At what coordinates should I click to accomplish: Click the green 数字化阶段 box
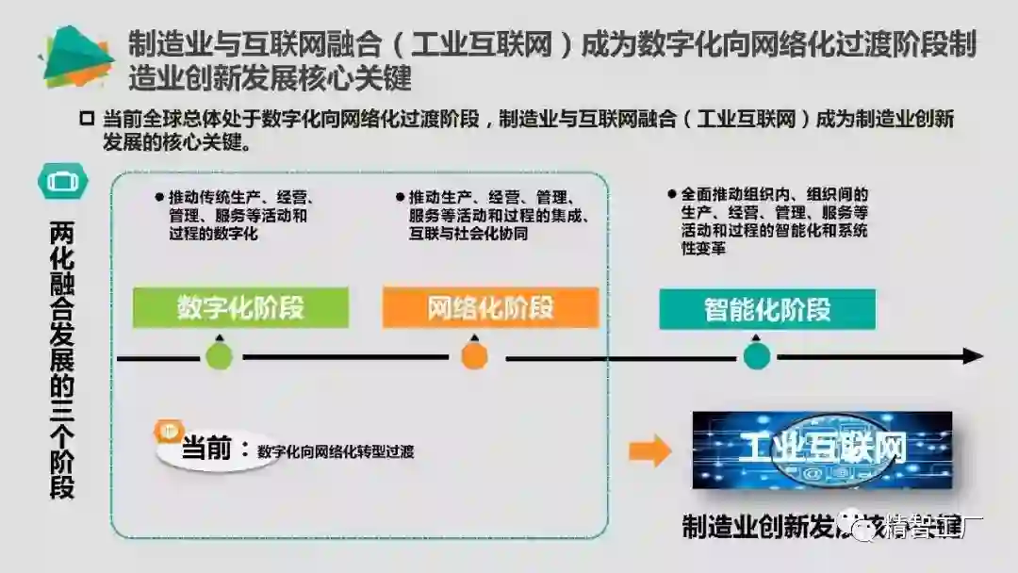pos(240,307)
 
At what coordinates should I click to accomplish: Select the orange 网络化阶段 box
pos(490,307)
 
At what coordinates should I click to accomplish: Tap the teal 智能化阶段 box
pos(766,309)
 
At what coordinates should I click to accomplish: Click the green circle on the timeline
pos(219,356)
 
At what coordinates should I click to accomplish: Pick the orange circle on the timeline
pos(474,356)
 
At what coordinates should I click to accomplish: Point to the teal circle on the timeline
pos(756,356)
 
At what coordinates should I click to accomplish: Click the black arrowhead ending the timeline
pos(972,356)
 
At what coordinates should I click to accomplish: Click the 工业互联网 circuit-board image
pos(822,450)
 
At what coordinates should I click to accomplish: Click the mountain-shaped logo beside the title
pos(77,57)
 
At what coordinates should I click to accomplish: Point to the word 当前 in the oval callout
pos(206,449)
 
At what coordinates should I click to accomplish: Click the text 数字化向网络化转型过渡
pos(335,451)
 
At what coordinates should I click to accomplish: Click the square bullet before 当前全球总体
pos(87,119)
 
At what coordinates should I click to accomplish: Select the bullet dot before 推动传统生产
pos(159,198)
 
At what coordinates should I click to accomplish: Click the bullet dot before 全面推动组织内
pos(671,193)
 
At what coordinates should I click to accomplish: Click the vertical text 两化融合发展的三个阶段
pos(61,359)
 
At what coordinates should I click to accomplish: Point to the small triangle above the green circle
pos(219,336)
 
